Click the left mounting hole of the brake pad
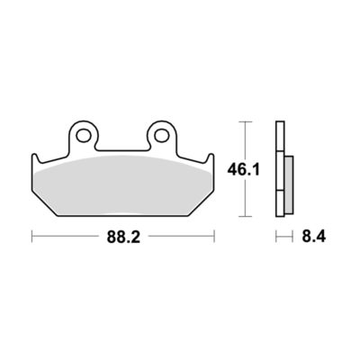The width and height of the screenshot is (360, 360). [84, 135]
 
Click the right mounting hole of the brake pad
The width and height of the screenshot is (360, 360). [162, 135]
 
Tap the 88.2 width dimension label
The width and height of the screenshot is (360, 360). [123, 238]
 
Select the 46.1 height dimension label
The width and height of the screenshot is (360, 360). [243, 170]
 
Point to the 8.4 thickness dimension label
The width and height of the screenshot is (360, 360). [314, 237]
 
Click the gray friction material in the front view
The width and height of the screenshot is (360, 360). [123, 186]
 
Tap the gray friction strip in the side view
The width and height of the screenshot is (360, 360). [289, 185]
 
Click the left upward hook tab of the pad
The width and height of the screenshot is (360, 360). [35, 159]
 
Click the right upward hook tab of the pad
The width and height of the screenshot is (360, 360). [211, 159]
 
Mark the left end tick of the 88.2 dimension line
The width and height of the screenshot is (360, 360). [31, 236]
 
